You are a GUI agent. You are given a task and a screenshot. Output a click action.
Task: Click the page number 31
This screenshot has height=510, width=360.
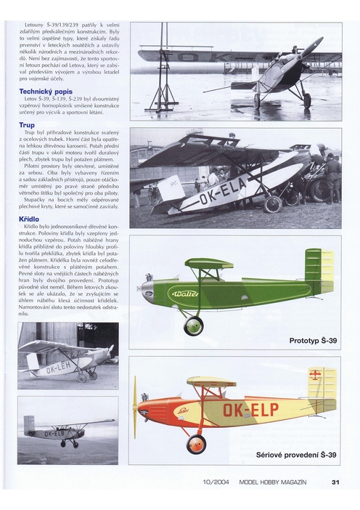click(x=335, y=481)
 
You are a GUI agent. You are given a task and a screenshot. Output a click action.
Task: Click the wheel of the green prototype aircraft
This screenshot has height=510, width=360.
click(x=194, y=325)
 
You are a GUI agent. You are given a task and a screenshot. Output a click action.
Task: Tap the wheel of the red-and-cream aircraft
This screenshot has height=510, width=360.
click(x=196, y=442)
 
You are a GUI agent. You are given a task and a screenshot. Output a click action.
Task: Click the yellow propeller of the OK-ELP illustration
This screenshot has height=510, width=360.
click(x=135, y=406)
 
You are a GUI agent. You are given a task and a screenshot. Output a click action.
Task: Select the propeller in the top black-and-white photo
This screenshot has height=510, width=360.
click(x=308, y=51)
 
